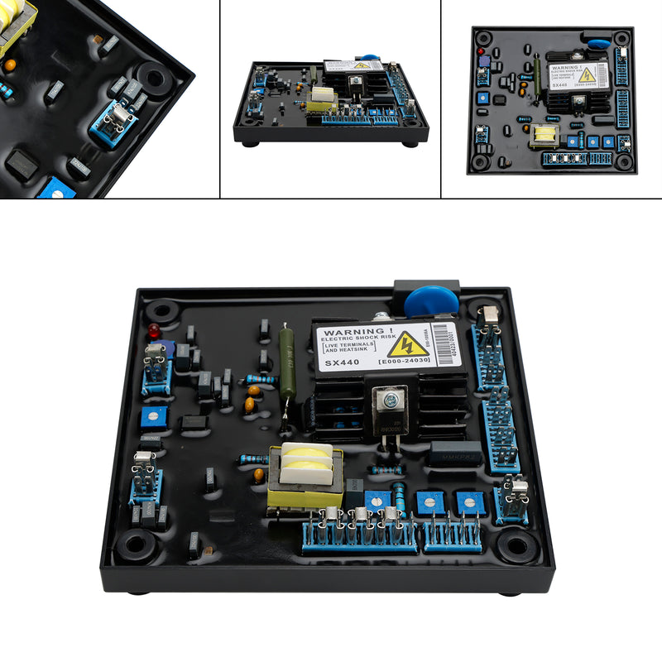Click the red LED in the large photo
pyautogui.click(x=153, y=331)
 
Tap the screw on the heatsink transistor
pyautogui.click(x=391, y=401)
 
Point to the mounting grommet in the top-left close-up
pyautogui.click(x=156, y=79)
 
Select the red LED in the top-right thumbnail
pyautogui.click(x=480, y=51)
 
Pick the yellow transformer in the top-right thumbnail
pyautogui.click(x=543, y=133)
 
